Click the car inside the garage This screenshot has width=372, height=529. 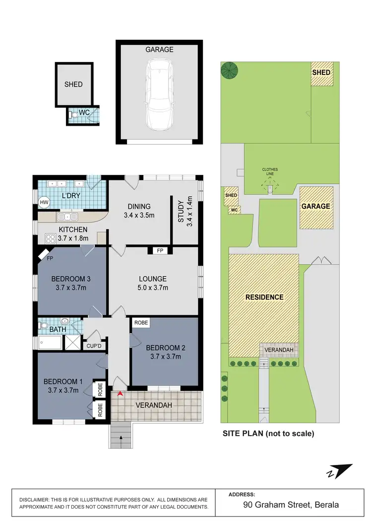click(x=159, y=94)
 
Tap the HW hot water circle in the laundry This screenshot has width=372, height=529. click(x=43, y=202)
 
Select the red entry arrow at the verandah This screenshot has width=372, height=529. click(x=120, y=394)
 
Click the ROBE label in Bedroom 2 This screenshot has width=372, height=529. click(x=141, y=322)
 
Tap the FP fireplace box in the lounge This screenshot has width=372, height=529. click(x=160, y=251)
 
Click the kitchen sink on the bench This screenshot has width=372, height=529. click(x=67, y=217)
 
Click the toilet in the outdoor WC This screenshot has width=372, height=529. click(x=74, y=114)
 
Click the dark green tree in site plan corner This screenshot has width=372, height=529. click(x=229, y=70)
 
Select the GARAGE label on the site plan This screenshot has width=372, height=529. click(x=316, y=206)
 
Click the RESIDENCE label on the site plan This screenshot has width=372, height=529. click(x=264, y=297)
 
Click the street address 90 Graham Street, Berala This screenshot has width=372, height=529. click(x=291, y=505)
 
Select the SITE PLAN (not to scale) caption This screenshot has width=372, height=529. click(x=268, y=433)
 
